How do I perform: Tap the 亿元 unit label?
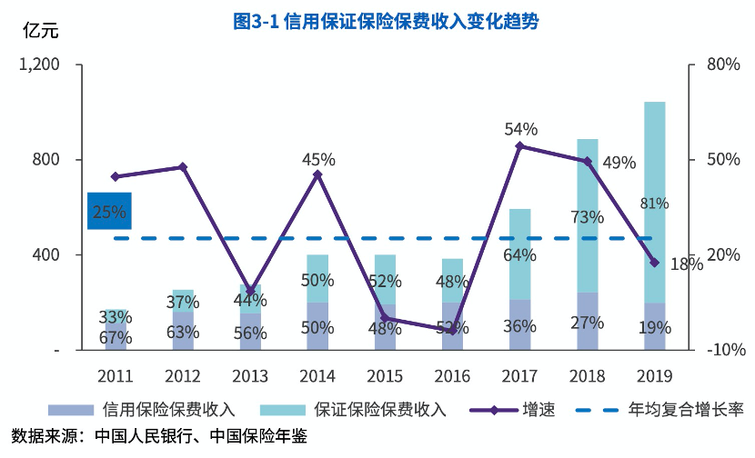(x=39, y=33)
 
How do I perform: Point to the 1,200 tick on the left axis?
(x=41, y=65)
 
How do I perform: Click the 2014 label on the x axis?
(x=317, y=374)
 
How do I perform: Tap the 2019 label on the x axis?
(x=655, y=374)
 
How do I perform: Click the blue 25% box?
(x=109, y=212)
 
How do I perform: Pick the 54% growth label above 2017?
(x=521, y=129)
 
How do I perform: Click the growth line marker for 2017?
(x=520, y=145)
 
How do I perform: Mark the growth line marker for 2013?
(x=250, y=291)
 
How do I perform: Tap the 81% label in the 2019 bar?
(x=655, y=203)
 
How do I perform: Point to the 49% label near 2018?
(x=619, y=164)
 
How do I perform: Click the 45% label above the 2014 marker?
(x=318, y=160)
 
